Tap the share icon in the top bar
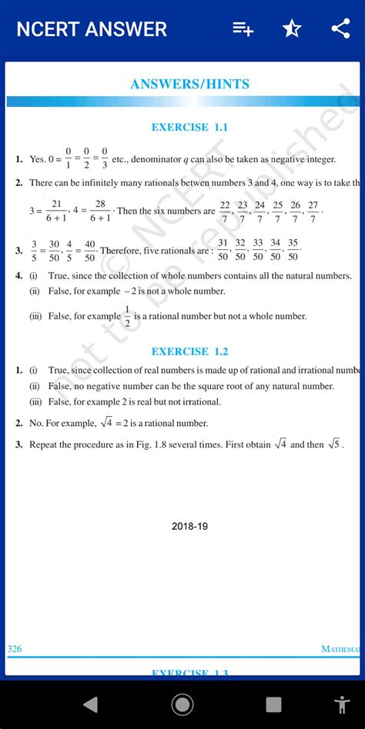click(340, 29)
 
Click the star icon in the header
click(292, 29)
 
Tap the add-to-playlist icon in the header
click(243, 29)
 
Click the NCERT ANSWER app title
click(92, 30)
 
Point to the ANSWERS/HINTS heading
click(189, 85)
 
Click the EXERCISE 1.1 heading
click(189, 128)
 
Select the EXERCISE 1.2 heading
click(189, 351)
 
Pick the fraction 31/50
click(223, 249)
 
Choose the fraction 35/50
click(293, 249)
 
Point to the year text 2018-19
click(189, 527)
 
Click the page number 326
click(15, 649)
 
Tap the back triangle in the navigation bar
click(91, 704)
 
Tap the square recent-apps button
click(273, 704)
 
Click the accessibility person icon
click(342, 704)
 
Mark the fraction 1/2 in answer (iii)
click(128, 316)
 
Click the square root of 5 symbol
click(334, 444)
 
